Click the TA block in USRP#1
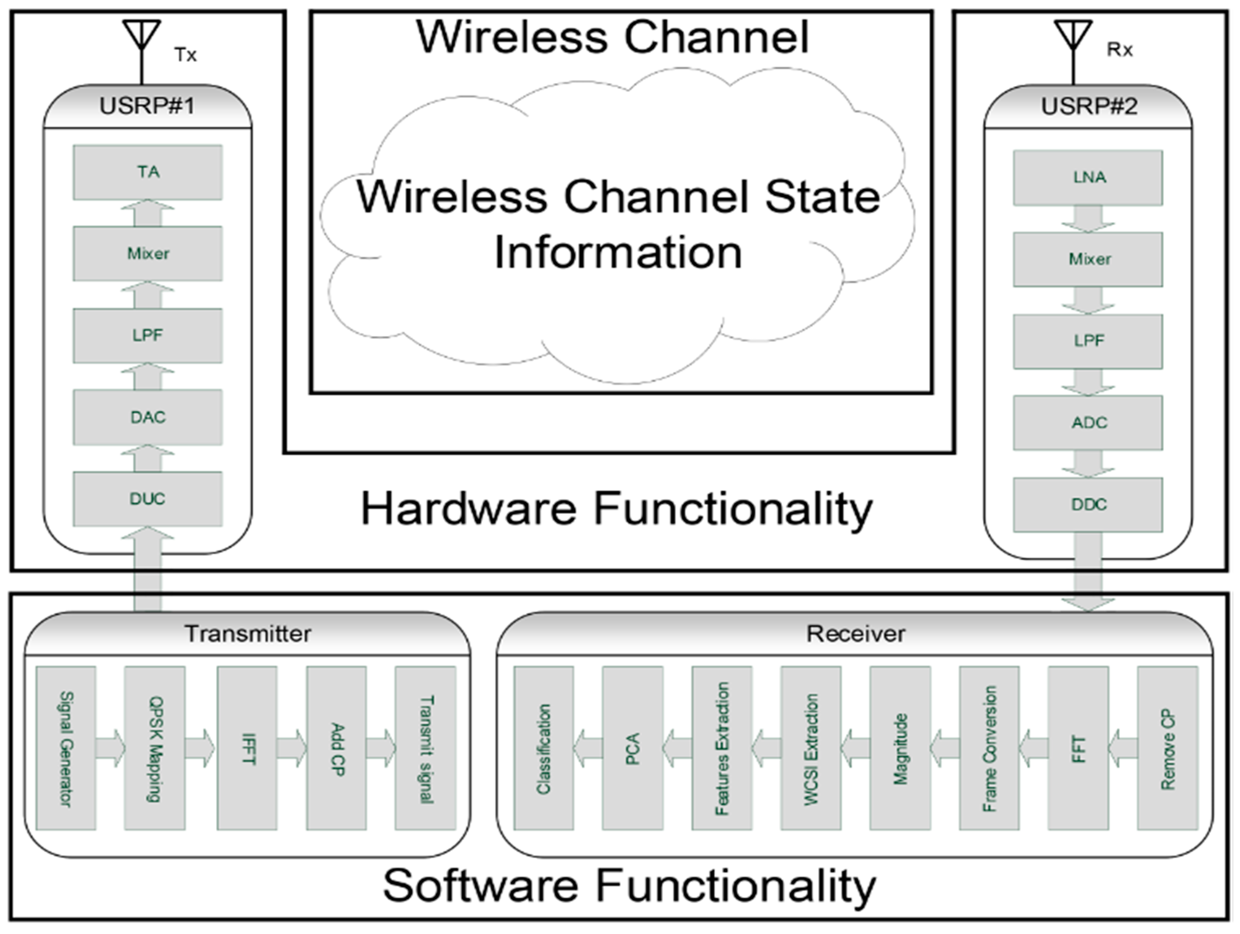coord(148,172)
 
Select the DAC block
coord(148,418)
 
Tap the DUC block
coord(148,499)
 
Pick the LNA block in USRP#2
coord(1087,178)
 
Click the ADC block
coord(1087,422)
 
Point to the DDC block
coord(1087,505)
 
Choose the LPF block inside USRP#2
coord(1087,341)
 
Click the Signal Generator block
coord(65,748)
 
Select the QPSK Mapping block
coord(155,748)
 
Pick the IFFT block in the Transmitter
coord(247,748)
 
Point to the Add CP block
coord(336,748)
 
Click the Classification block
coord(544,748)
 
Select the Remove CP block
coord(1168,748)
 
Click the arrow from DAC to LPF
coord(148,376)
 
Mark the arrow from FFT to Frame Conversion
coord(1033,748)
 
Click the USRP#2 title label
coord(1089,106)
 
